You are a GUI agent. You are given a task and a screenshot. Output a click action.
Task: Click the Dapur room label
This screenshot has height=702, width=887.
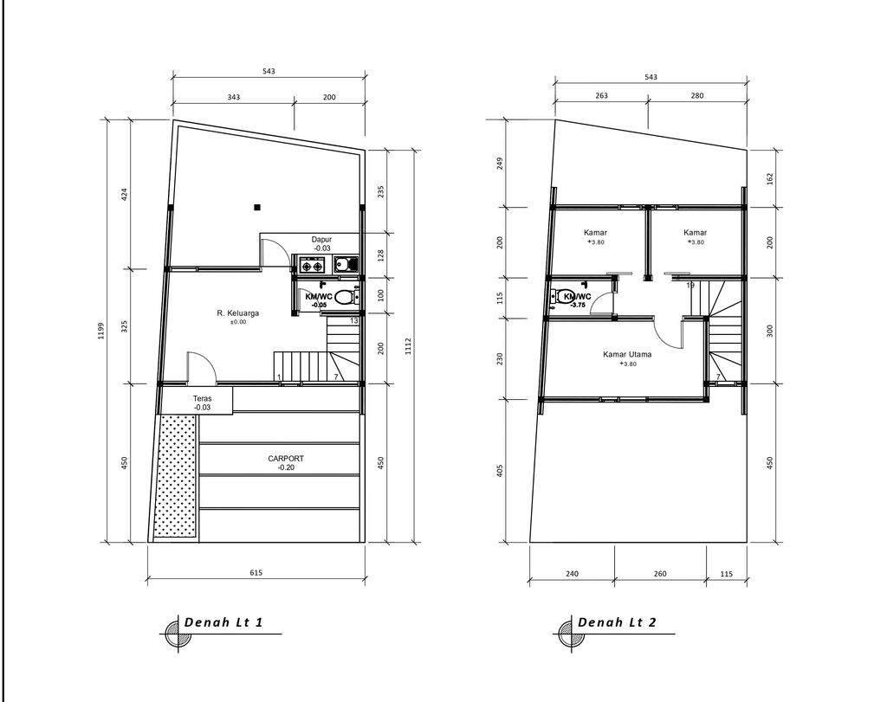point(321,239)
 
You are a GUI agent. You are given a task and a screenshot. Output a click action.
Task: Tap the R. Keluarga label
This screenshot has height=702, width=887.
point(238,312)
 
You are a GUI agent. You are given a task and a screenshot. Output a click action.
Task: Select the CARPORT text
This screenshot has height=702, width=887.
point(286,458)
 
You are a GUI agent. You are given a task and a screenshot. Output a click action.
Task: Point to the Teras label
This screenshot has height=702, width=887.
point(202,398)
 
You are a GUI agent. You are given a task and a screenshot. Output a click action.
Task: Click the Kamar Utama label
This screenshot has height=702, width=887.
point(628,354)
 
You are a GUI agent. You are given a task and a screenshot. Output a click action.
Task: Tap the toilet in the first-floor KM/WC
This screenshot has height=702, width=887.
point(345,297)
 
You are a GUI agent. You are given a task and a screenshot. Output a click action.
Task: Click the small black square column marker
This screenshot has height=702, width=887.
point(256,207)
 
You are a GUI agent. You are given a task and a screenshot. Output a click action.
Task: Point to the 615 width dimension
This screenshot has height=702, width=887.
point(256,572)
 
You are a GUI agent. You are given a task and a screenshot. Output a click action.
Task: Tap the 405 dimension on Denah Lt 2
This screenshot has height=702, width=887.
point(500,470)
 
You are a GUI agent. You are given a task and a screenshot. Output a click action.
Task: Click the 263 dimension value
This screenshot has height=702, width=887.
point(601,96)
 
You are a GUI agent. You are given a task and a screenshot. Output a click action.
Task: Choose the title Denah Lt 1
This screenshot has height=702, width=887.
point(223,623)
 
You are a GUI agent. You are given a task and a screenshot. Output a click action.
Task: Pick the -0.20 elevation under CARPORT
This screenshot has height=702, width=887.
point(286,467)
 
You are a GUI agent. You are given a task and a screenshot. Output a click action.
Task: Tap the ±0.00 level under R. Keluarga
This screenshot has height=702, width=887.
point(238,322)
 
